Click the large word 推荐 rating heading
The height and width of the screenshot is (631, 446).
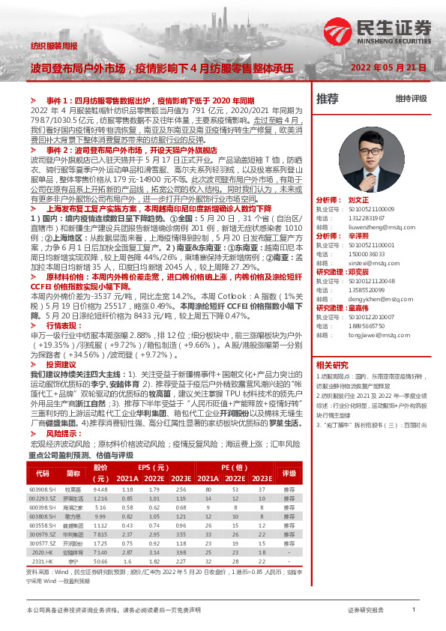(x=328, y=99)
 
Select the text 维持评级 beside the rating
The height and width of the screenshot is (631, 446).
(x=411, y=99)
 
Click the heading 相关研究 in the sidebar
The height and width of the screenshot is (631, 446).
(x=333, y=364)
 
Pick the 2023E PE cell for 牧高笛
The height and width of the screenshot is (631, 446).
(x=261, y=489)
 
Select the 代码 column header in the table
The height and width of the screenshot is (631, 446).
(x=42, y=473)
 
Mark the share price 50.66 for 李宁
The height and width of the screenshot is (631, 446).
(x=100, y=559)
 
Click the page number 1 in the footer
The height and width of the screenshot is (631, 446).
(x=413, y=610)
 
